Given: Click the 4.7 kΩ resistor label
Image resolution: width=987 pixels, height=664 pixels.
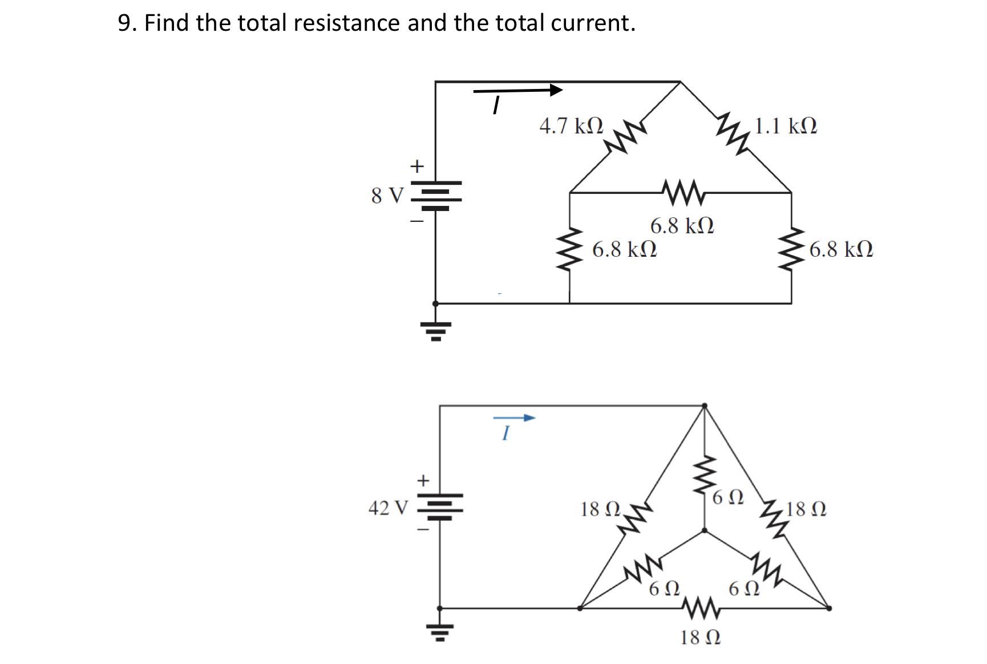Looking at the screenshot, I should point(571,126).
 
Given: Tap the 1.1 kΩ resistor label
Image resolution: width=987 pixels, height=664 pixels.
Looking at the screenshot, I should point(786,126).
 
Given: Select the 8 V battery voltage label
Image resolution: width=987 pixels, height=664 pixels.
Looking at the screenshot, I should point(387,196).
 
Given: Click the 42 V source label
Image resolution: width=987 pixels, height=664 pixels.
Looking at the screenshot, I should point(388,508).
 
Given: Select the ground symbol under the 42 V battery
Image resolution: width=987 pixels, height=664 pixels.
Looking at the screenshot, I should point(440,632).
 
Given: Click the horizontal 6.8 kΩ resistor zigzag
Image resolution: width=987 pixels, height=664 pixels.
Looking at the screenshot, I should point(683,192).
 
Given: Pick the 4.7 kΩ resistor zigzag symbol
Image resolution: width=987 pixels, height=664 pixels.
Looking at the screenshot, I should point(625,136).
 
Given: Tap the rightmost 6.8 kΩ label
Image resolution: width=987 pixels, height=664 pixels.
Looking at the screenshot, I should point(841,250).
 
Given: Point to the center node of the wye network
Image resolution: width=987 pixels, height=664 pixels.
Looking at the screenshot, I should point(705,531).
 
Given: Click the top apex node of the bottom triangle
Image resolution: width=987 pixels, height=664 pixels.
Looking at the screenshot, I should point(705,406).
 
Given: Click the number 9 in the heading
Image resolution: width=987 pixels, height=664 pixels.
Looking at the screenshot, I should point(124,23).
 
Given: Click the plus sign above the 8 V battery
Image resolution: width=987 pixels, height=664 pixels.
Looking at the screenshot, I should point(418,166).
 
